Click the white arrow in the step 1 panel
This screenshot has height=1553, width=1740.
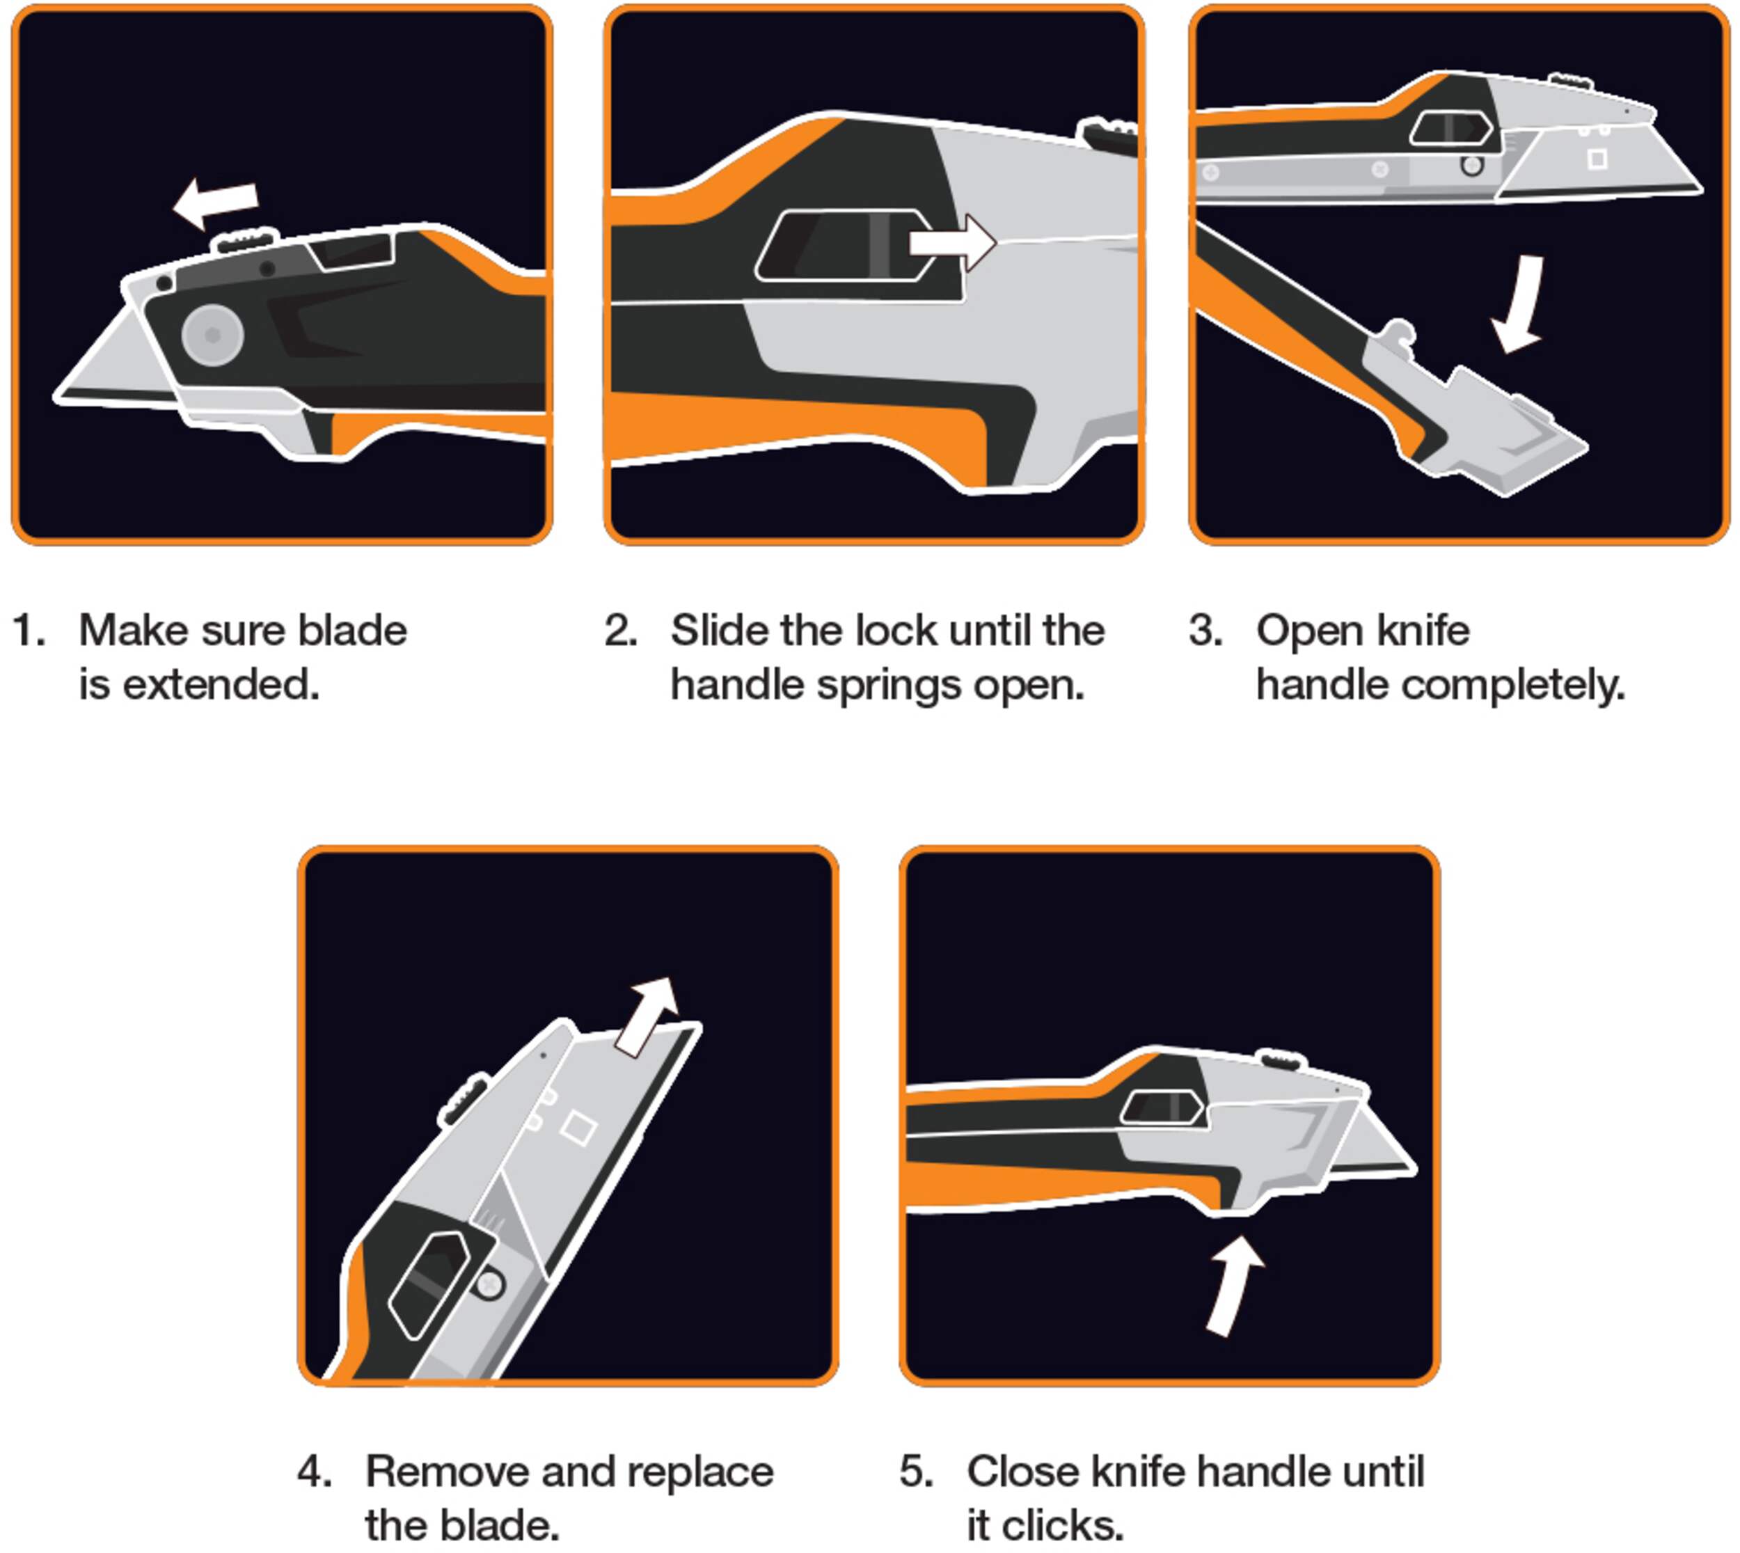[x=215, y=203]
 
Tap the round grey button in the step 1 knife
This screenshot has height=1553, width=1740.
[x=212, y=336]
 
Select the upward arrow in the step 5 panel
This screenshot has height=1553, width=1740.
[x=1234, y=1285]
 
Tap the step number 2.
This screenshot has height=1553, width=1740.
[x=620, y=631]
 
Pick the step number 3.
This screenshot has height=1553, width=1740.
[x=1205, y=631]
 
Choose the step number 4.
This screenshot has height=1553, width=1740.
[x=314, y=1472]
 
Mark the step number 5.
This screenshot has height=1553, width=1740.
[x=916, y=1472]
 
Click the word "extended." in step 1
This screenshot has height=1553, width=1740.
[x=222, y=685]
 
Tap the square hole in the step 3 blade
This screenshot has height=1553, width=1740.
[x=1597, y=159]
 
